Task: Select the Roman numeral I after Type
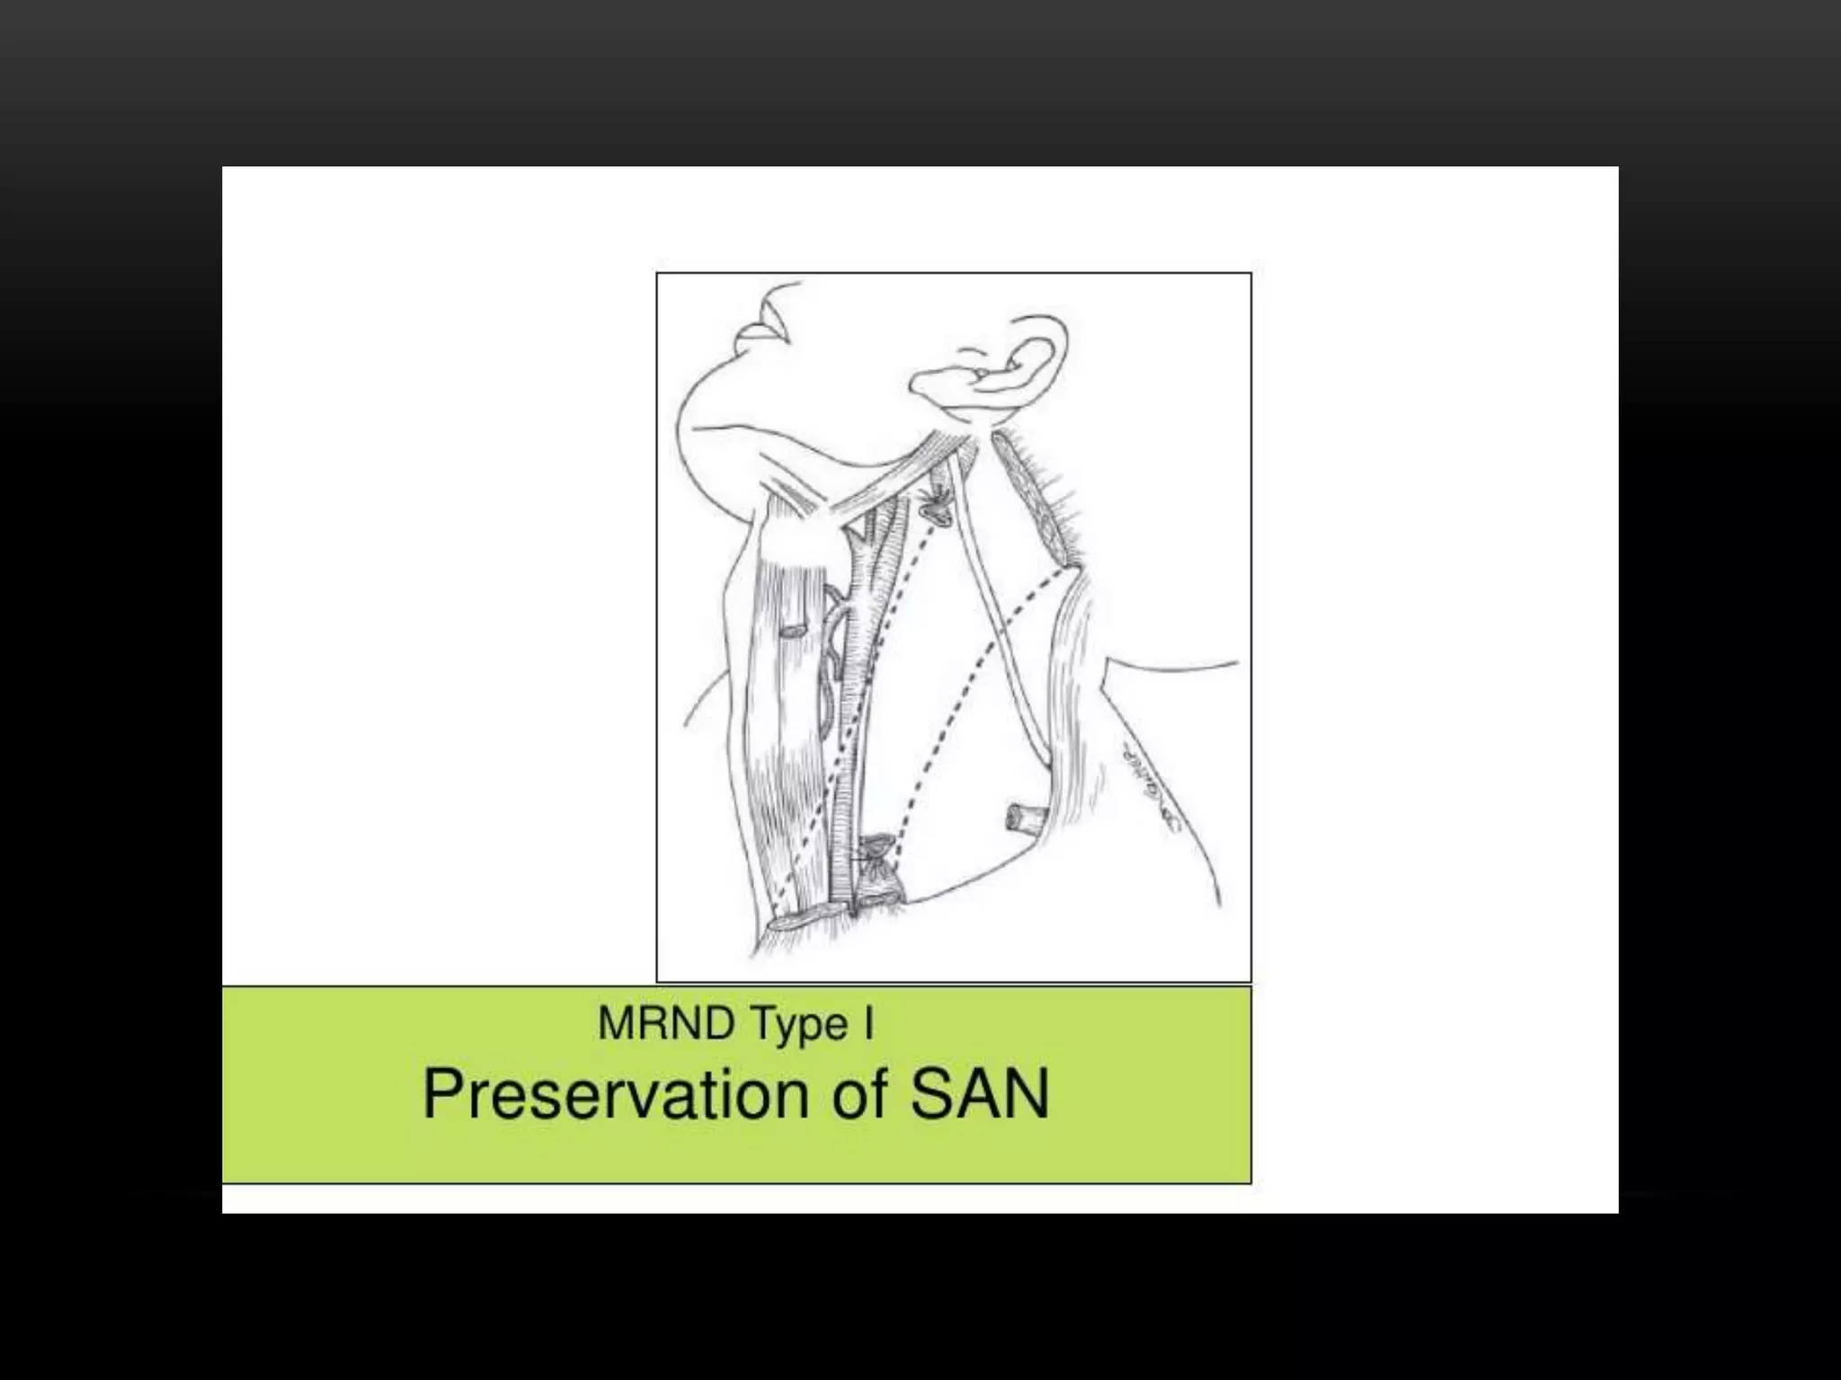pyautogui.click(x=868, y=1024)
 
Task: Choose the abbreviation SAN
pyautogui.click(x=979, y=1095)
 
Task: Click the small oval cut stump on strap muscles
pyautogui.click(x=792, y=632)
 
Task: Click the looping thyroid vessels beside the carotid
pyautogui.click(x=832, y=647)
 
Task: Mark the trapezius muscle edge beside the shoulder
pyautogui.click(x=1074, y=683)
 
